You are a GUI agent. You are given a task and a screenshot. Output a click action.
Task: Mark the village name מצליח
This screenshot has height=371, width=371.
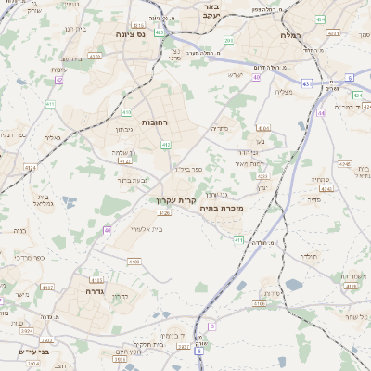pos(285,91)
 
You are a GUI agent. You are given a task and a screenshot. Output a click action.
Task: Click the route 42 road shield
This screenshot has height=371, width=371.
pos(59,80)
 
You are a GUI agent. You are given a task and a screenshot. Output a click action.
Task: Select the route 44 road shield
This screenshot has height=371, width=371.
pos(321,112)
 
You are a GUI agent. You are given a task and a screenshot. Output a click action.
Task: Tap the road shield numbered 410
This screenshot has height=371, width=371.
pos(126,112)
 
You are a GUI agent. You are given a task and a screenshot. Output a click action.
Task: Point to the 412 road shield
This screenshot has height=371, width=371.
pos(166,145)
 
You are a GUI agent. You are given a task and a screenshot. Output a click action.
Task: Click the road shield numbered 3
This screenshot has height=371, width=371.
pos(211,326)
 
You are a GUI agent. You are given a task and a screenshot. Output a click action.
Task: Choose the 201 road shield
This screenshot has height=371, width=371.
pos(228,40)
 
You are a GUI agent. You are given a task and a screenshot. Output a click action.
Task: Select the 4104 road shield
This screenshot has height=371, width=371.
pos(264,128)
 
